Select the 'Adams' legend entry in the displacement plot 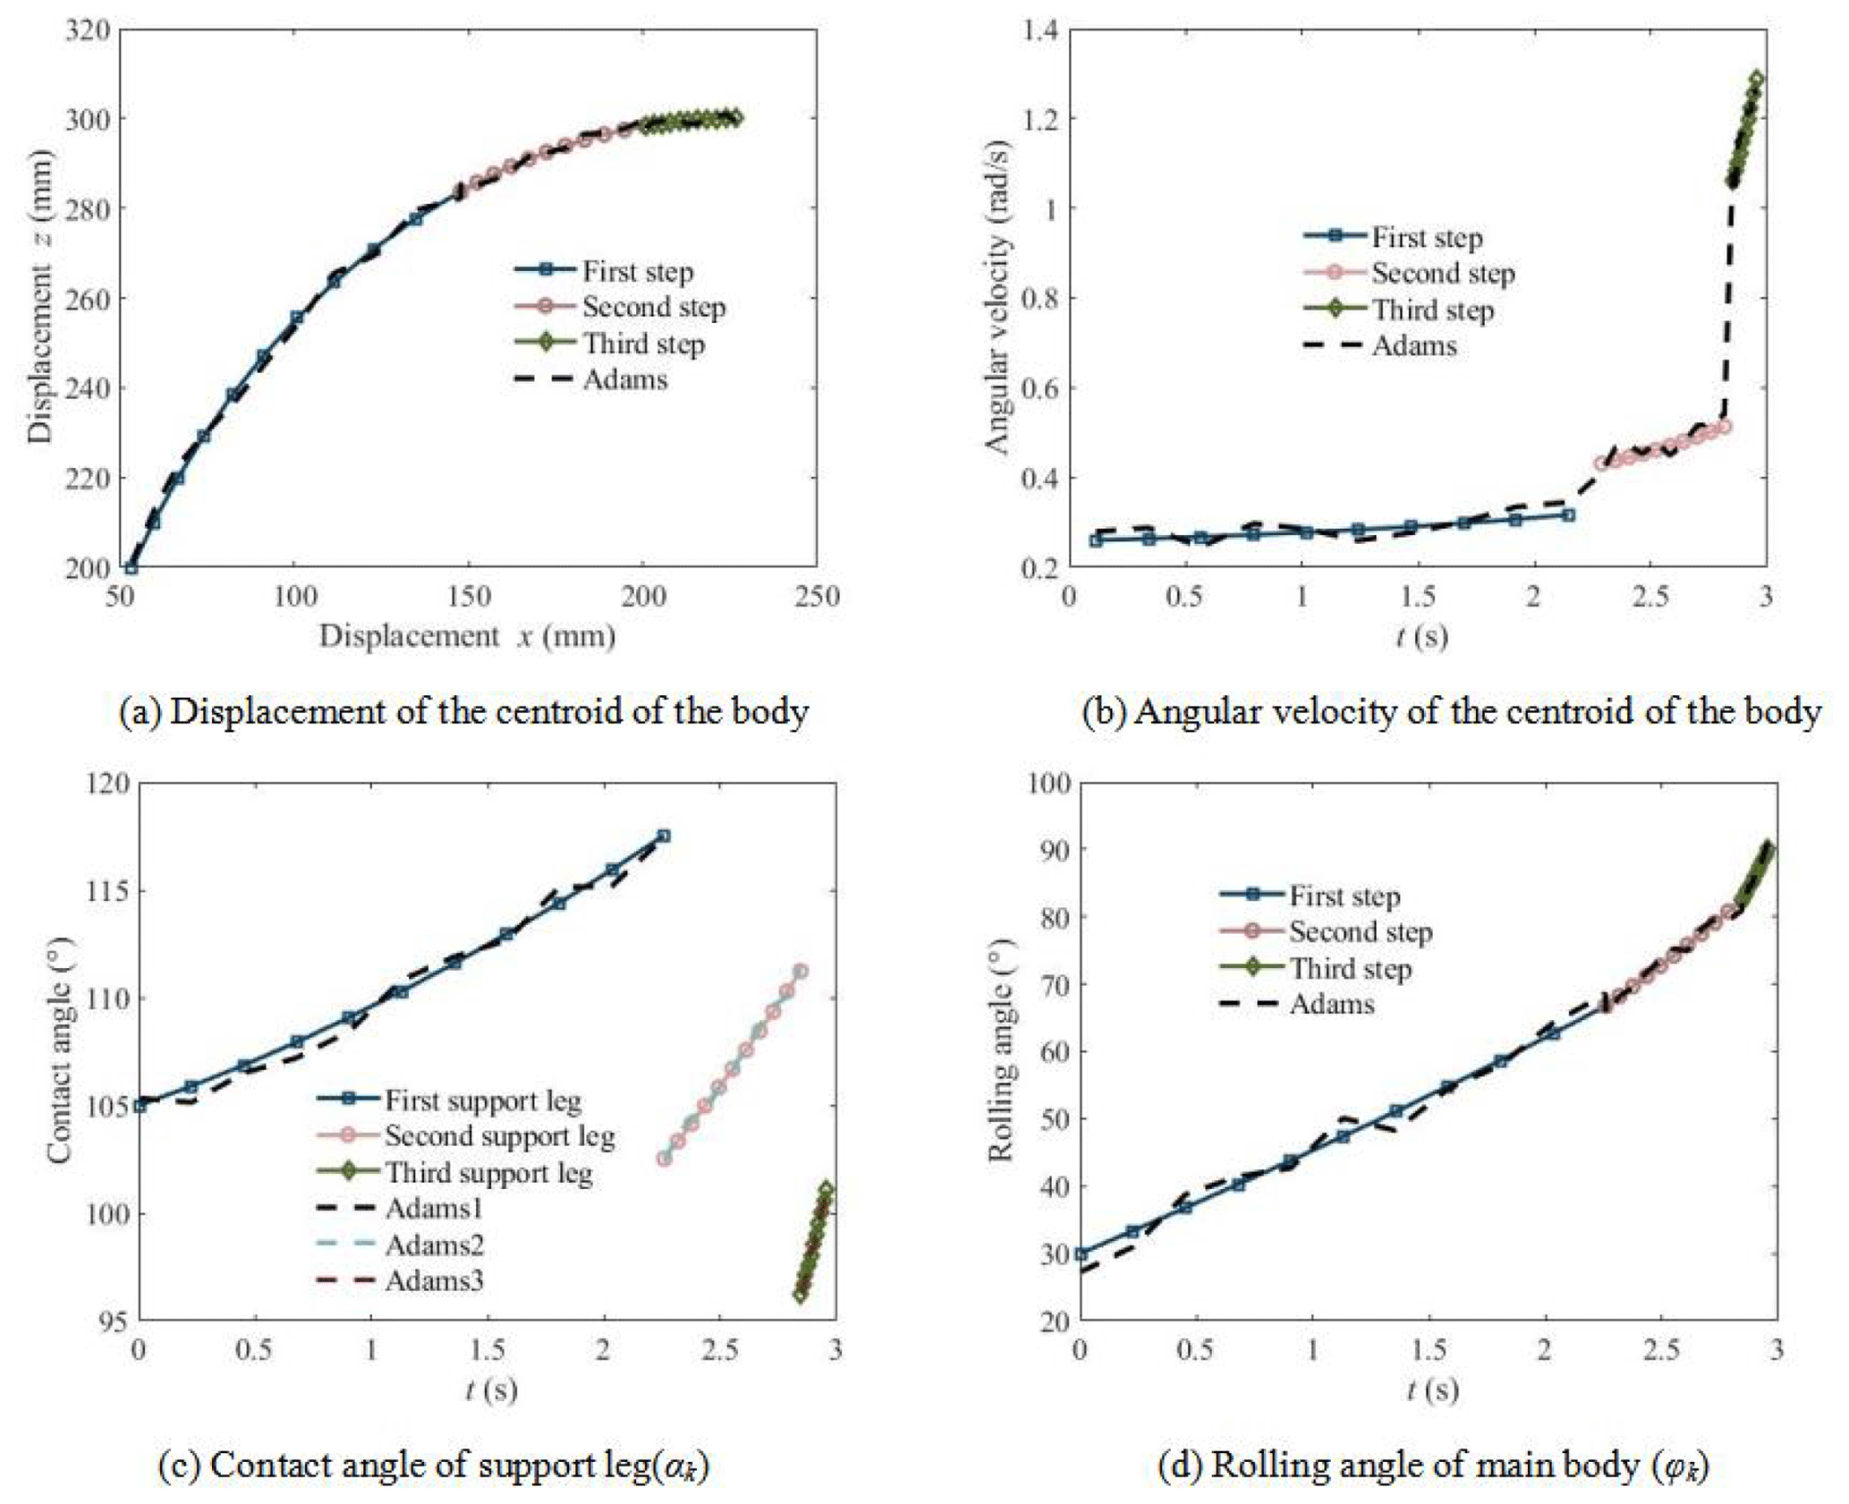tap(624, 379)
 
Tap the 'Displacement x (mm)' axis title tap(467, 636)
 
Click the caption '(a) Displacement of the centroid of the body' tap(464, 711)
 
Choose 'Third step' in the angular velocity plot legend tap(1432, 310)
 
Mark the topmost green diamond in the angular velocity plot tap(1757, 79)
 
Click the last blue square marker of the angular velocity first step tap(1568, 515)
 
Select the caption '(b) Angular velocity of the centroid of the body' tap(1451, 711)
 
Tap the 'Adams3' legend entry tap(434, 1280)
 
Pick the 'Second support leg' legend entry tap(499, 1135)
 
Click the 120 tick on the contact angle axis tap(110, 784)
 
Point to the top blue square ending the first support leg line tap(664, 836)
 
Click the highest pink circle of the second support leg tap(801, 971)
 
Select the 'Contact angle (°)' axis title tap(59, 1050)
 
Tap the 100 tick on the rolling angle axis tap(1049, 784)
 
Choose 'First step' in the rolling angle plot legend tap(1344, 896)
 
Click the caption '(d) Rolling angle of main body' tap(1433, 1466)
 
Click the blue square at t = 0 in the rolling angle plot tap(1081, 1253)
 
